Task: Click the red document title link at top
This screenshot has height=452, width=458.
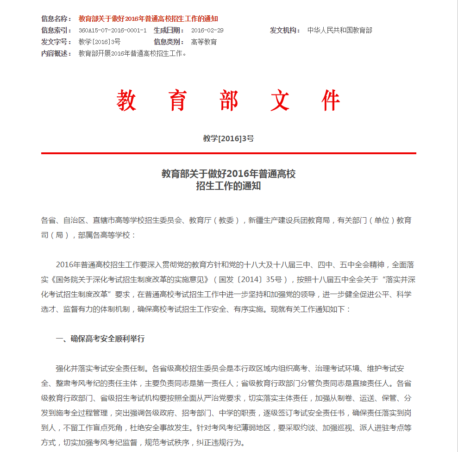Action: pos(148,19)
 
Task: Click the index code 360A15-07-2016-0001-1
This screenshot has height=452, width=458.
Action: pos(113,30)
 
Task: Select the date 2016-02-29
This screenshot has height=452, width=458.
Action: pos(207,30)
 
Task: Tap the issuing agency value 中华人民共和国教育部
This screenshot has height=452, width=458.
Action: pos(340,30)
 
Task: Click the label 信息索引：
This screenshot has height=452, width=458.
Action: pos(56,30)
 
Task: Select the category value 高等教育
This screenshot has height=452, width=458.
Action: pos(204,42)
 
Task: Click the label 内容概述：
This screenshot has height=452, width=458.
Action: pos(56,53)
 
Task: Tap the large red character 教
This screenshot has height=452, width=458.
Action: pos(126,100)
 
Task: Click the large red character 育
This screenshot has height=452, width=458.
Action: pos(177,100)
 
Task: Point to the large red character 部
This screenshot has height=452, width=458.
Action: pos(229,100)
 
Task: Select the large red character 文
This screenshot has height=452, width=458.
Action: pos(280,100)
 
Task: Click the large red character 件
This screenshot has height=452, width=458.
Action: pos(332,100)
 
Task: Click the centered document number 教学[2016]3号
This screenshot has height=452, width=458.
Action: pos(228,138)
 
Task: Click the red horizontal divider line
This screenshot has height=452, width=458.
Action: pos(228,153)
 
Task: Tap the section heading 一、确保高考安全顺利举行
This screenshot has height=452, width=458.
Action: pos(100,339)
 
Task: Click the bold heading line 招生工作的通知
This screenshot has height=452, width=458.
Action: pos(228,186)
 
